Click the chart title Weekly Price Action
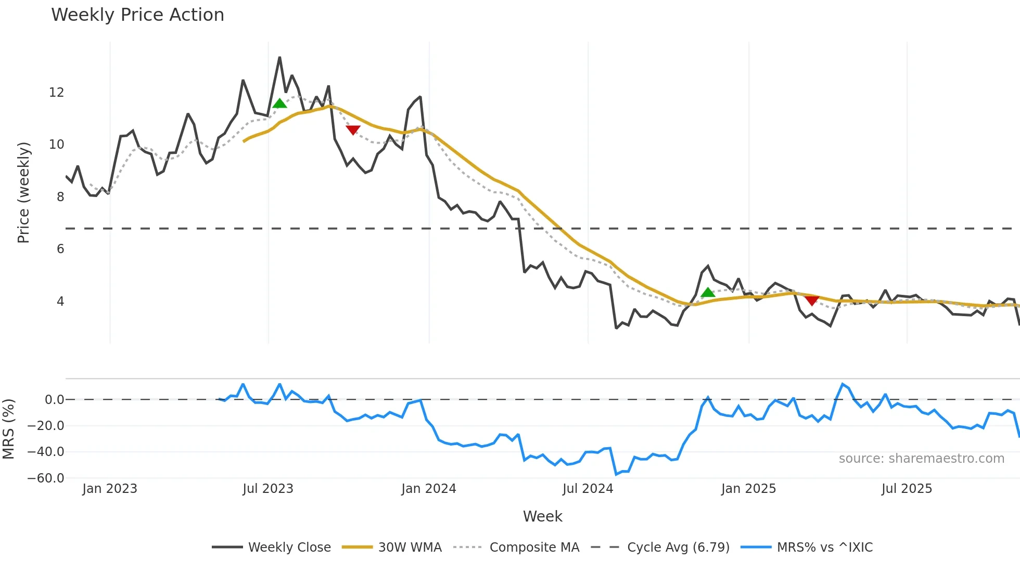pos(137,15)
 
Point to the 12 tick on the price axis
pos(56,93)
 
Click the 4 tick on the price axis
pos(60,302)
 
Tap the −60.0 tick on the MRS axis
pos(46,478)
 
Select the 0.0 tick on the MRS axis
pos(54,400)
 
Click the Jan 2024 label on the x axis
pos(428,489)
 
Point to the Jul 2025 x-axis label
pos(907,489)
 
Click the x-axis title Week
pos(542,516)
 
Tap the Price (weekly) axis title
pos(23,192)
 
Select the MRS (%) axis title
pos(8,429)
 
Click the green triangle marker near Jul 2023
pos(279,103)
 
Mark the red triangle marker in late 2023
pos(353,129)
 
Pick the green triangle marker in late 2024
pos(708,293)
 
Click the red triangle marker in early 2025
pos(812,300)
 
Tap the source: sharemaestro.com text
pos(921,459)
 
